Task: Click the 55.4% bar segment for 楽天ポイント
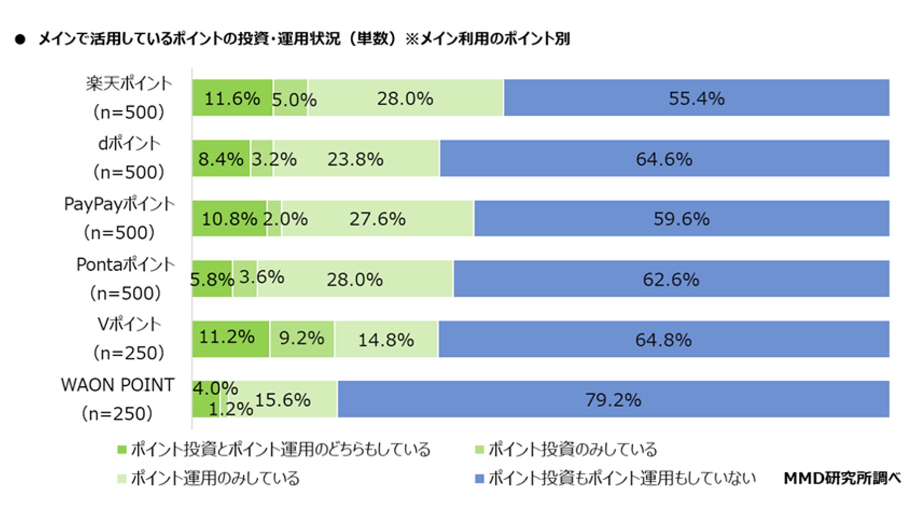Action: coord(696,98)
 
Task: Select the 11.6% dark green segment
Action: coord(232,98)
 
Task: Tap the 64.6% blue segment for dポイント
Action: coord(664,158)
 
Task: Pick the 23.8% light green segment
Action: coord(356,158)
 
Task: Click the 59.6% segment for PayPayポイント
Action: coord(681,218)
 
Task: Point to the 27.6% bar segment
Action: coord(377,218)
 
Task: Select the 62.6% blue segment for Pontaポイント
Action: coord(671,279)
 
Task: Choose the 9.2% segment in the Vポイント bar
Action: coord(302,339)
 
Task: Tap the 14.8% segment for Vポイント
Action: coord(386,339)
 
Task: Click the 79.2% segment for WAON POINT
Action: coord(613,399)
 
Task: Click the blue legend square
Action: coord(480,478)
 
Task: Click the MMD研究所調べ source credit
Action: coord(842,478)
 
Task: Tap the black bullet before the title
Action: coord(21,40)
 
